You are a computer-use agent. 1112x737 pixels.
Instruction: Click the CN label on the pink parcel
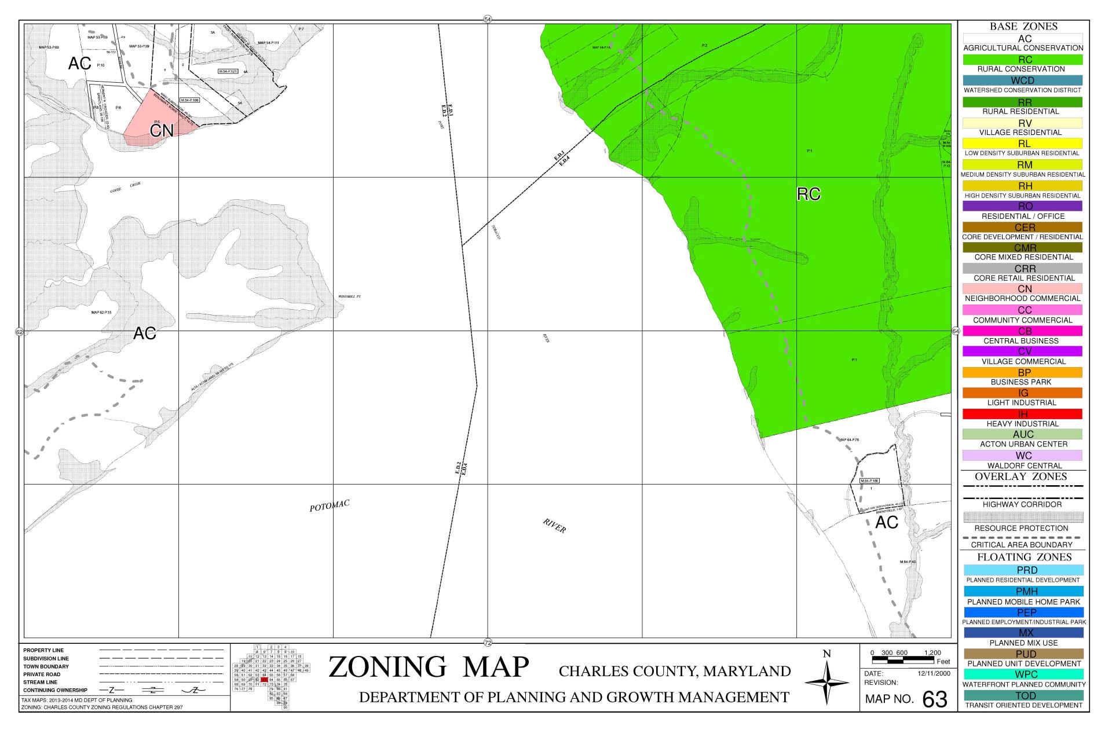click(162, 131)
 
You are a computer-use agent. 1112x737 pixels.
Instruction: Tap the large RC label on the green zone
click(809, 195)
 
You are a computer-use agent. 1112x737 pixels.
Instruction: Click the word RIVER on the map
click(554, 526)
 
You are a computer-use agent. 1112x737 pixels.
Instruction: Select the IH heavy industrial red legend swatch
click(1023, 414)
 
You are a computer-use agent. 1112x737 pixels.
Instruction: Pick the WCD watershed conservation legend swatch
click(1023, 80)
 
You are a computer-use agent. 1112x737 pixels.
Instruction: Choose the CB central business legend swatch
click(1023, 331)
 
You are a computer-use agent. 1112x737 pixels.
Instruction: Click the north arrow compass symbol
click(827, 683)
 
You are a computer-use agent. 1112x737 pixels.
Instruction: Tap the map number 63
click(934, 699)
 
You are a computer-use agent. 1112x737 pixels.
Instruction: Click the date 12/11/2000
click(934, 674)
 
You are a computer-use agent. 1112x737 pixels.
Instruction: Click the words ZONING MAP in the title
click(429, 667)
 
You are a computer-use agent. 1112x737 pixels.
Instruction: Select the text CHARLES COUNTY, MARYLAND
click(675, 672)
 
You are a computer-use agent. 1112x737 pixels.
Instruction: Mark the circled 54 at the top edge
click(488, 20)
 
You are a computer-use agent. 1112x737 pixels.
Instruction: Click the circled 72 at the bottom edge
click(488, 641)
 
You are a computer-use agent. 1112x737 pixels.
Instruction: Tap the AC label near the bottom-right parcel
click(886, 522)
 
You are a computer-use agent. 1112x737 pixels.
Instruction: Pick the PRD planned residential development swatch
click(1023, 570)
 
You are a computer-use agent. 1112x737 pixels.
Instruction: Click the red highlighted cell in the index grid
click(264, 679)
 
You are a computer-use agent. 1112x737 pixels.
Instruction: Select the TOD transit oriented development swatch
click(1023, 695)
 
